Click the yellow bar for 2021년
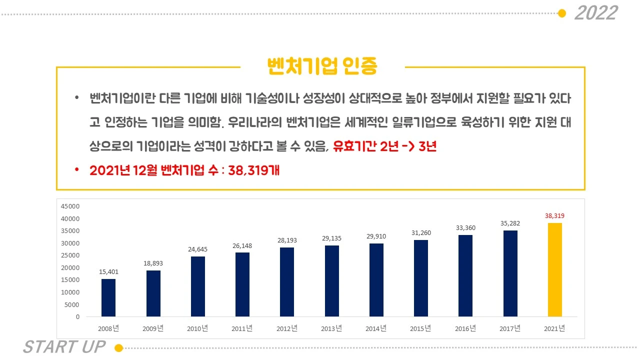pyautogui.click(x=555, y=269)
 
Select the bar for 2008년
pyautogui.click(x=108, y=297)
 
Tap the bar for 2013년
pyautogui.click(x=332, y=280)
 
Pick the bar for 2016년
pyautogui.click(x=465, y=275)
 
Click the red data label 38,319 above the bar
pyautogui.click(x=555, y=216)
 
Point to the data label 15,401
pyautogui.click(x=108, y=271)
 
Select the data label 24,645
pyautogui.click(x=198, y=249)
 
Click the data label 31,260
pyautogui.click(x=421, y=232)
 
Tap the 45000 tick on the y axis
pyautogui.click(x=70, y=206)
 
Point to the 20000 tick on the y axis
pyautogui.click(x=70, y=267)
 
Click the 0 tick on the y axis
pyautogui.click(x=77, y=317)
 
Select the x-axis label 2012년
pyautogui.click(x=287, y=328)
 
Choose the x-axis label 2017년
pyautogui.click(x=510, y=328)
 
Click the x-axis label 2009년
pyautogui.click(x=153, y=328)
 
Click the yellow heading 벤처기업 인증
pyautogui.click(x=322, y=66)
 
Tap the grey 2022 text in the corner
pyautogui.click(x=596, y=13)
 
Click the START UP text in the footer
pyautogui.click(x=64, y=347)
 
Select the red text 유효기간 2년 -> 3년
pyautogui.click(x=385, y=147)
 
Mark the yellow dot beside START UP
pyautogui.click(x=118, y=347)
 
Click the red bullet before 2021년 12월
pyautogui.click(x=76, y=170)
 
